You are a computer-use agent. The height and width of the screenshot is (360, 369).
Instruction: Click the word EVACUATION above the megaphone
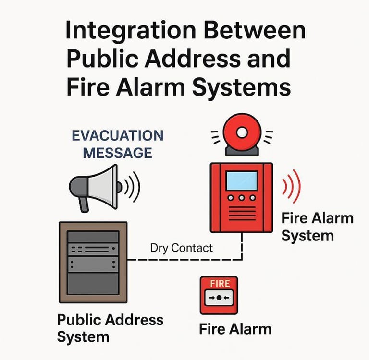click(117, 136)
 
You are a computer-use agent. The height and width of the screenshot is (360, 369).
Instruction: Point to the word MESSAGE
click(117, 153)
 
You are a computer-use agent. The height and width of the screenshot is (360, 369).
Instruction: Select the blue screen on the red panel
click(241, 180)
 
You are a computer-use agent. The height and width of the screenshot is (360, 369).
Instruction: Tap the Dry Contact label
click(181, 248)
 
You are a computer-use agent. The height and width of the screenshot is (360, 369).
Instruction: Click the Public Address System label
click(110, 328)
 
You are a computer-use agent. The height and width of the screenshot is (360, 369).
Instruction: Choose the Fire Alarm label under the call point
click(235, 329)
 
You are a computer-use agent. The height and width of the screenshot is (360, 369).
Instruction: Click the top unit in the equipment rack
click(93, 237)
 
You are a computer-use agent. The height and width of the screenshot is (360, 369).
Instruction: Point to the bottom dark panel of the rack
click(93, 283)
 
